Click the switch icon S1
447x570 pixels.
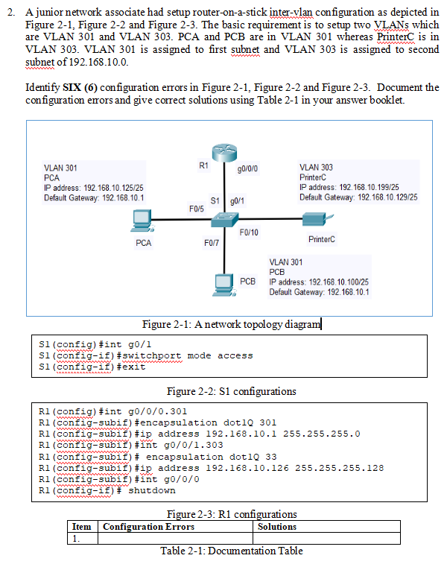click(224, 220)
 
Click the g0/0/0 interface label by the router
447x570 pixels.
click(247, 169)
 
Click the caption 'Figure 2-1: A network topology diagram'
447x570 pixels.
click(231, 323)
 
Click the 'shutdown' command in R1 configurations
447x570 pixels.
click(152, 490)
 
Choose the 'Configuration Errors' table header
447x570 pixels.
click(149, 526)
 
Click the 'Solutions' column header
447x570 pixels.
click(277, 526)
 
